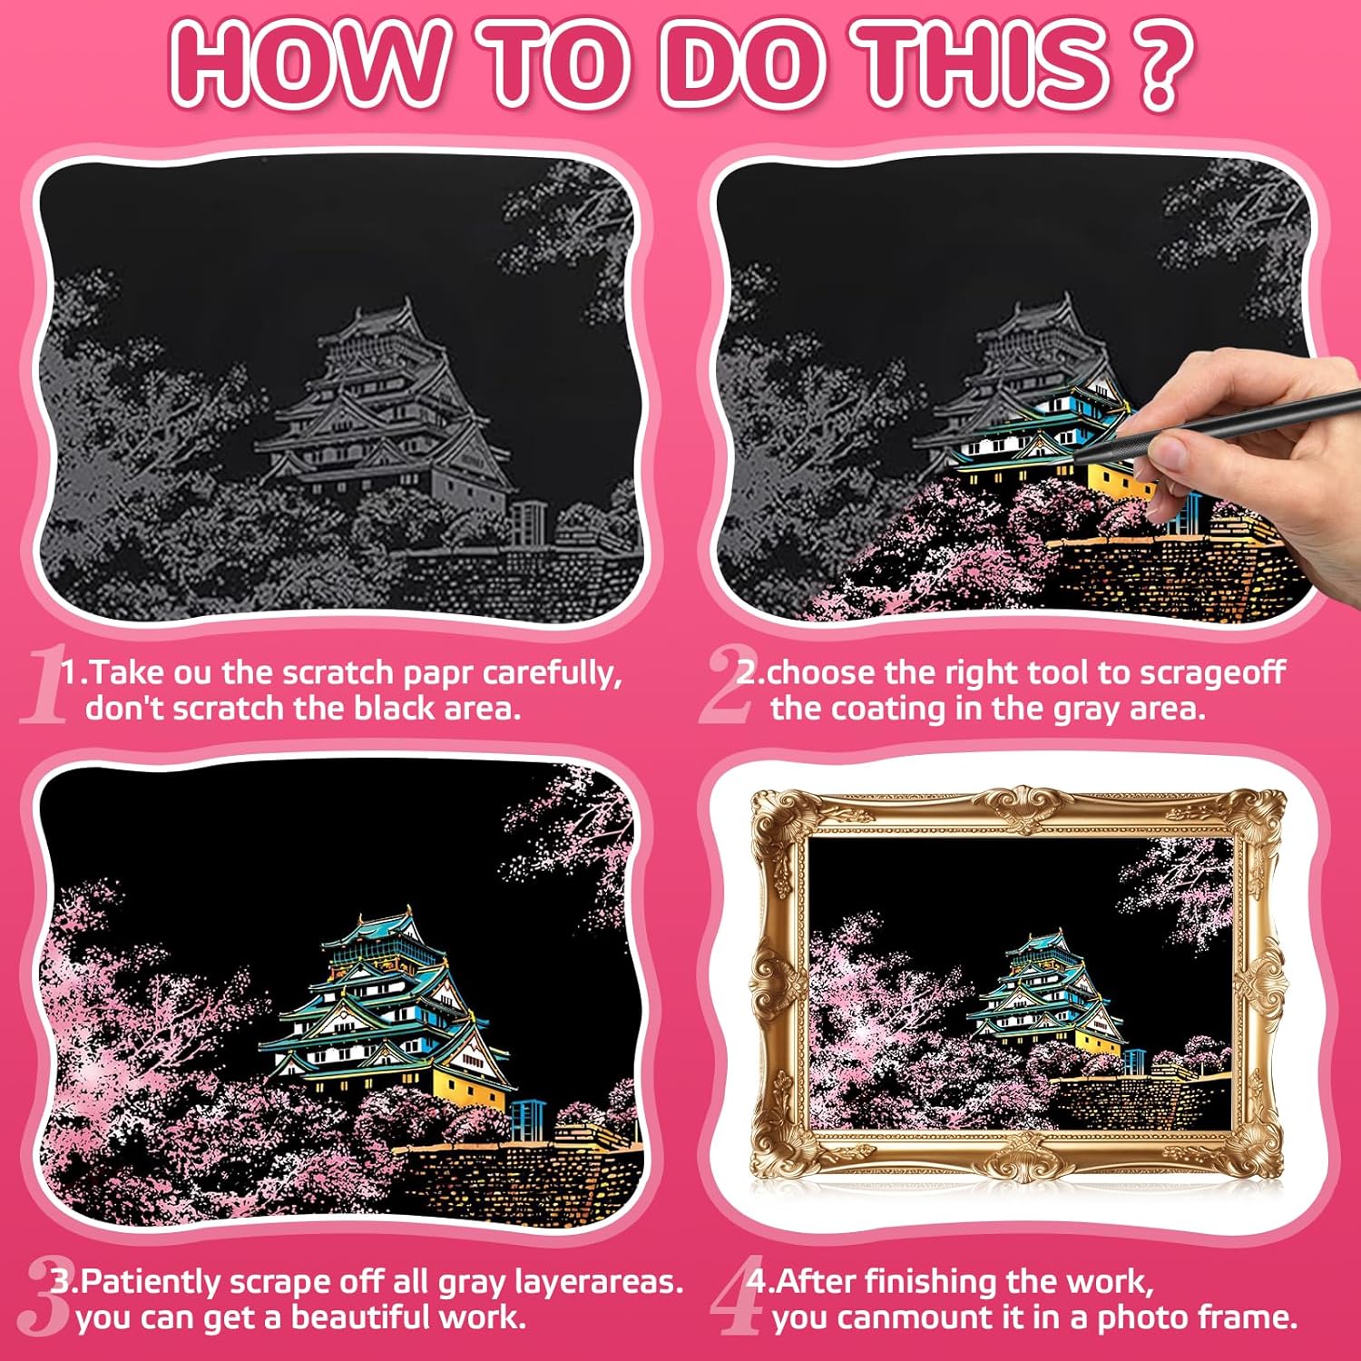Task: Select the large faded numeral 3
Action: click(x=45, y=1296)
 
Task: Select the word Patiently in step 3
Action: click(x=150, y=1282)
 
